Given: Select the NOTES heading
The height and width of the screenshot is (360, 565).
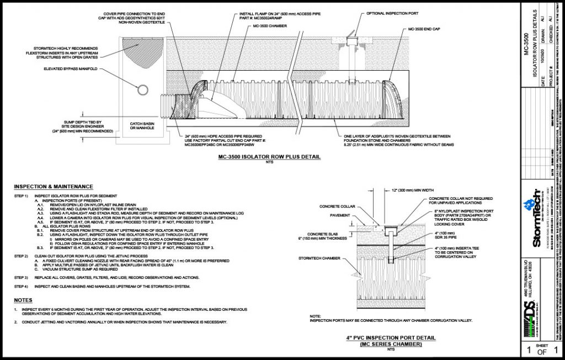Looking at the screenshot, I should pyautogui.click(x=23, y=300).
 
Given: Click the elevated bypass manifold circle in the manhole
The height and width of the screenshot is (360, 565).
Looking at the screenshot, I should pyautogui.click(x=142, y=91).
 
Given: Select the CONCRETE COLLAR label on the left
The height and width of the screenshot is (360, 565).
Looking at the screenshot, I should pyautogui.click(x=331, y=207).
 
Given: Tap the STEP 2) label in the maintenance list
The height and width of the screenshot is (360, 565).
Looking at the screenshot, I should pyautogui.click(x=21, y=257).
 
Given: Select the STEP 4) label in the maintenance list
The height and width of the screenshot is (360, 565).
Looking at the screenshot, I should pyautogui.click(x=21, y=287).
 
